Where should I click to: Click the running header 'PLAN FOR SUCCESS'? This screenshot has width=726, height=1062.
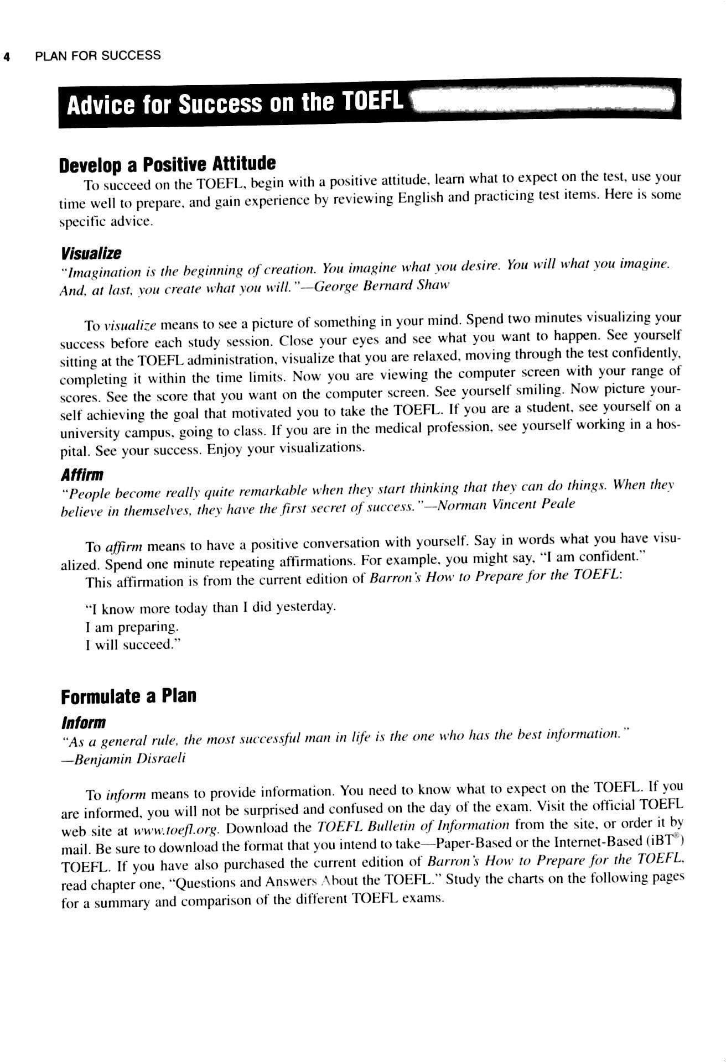click(x=97, y=55)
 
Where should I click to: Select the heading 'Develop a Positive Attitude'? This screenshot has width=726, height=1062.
click(x=167, y=164)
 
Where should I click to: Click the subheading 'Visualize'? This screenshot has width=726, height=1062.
click(x=91, y=254)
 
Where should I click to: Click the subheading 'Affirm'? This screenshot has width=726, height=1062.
click(x=82, y=475)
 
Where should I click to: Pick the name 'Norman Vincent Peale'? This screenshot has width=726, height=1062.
click(x=506, y=504)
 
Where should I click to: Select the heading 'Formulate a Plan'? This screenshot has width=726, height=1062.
click(x=128, y=696)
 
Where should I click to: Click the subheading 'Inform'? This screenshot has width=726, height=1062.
click(x=83, y=723)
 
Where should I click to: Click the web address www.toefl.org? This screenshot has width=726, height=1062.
click(x=177, y=830)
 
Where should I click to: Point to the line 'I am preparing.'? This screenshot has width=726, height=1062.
click(x=132, y=627)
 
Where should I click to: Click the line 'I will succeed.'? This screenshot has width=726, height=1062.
click(x=133, y=645)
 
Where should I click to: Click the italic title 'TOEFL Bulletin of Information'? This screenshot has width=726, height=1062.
click(x=413, y=827)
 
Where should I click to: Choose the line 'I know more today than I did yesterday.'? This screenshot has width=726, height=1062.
click(x=211, y=608)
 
